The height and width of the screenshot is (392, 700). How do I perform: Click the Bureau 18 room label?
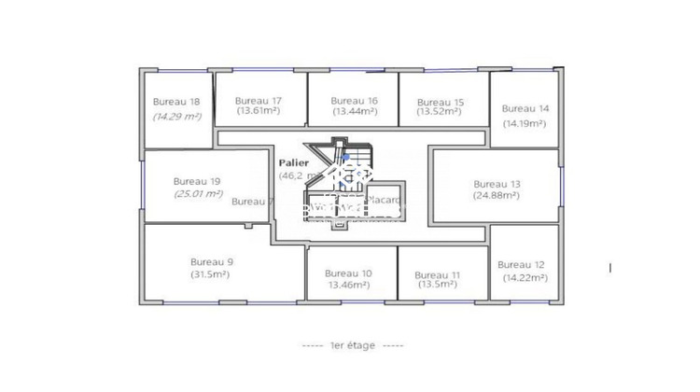tap(175, 103)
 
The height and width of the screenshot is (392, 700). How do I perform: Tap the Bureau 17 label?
tap(259, 101)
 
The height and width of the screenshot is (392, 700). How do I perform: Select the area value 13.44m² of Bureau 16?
tap(355, 111)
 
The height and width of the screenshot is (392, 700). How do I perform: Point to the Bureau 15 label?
tap(441, 102)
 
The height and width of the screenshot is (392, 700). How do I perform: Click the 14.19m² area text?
tap(525, 122)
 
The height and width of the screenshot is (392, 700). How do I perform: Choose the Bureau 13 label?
tap(497, 184)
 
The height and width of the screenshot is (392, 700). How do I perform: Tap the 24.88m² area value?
tap(497, 195)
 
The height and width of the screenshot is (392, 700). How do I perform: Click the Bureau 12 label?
tap(521, 265)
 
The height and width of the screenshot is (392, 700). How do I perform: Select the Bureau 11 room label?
tap(438, 275)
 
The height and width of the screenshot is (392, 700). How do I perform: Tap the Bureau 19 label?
tap(197, 181)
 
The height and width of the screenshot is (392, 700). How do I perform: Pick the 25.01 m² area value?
tap(198, 193)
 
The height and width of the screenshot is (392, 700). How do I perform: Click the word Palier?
tap(294, 162)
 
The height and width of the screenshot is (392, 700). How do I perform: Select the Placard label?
tap(384, 200)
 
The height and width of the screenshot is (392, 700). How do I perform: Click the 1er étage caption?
tap(353, 345)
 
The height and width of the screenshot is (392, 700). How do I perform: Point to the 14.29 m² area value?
tap(177, 117)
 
